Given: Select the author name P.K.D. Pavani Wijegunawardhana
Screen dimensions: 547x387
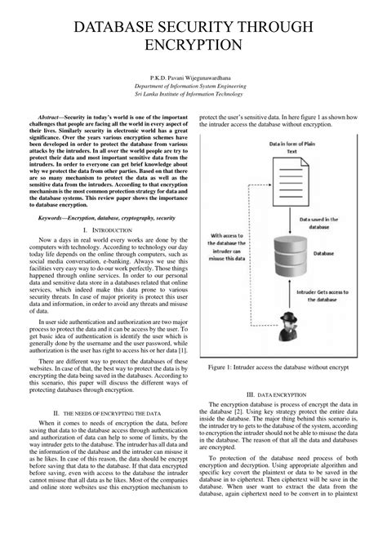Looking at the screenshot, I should coord(193,76).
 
